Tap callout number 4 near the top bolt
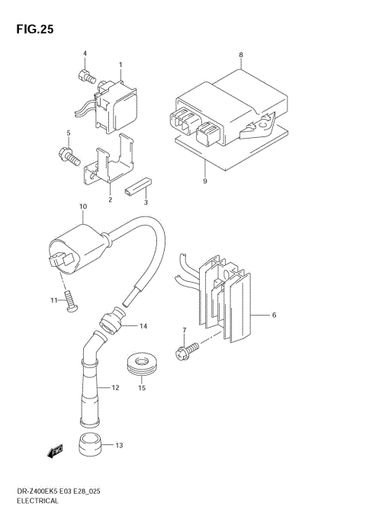coord(85,53)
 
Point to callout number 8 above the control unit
coord(241,56)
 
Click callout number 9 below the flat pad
coord(205,181)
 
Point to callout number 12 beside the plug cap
coord(116,388)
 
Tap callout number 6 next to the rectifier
coord(274,314)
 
